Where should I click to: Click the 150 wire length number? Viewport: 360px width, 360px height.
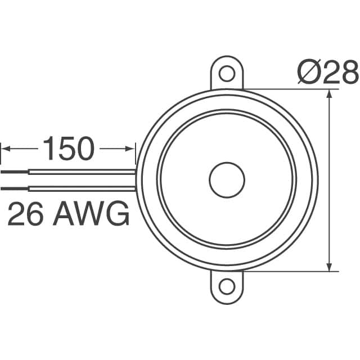coord(68,148)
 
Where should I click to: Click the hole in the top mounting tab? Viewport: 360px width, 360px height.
coord(227,73)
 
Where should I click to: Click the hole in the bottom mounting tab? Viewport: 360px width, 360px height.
coord(227,286)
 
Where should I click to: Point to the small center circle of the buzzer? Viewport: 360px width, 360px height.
coord(227,181)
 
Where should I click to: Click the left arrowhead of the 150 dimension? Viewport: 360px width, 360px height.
coord(6,148)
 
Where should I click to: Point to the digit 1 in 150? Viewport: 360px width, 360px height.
coord(49,148)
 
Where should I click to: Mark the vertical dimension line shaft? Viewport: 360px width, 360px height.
coord(329,180)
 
